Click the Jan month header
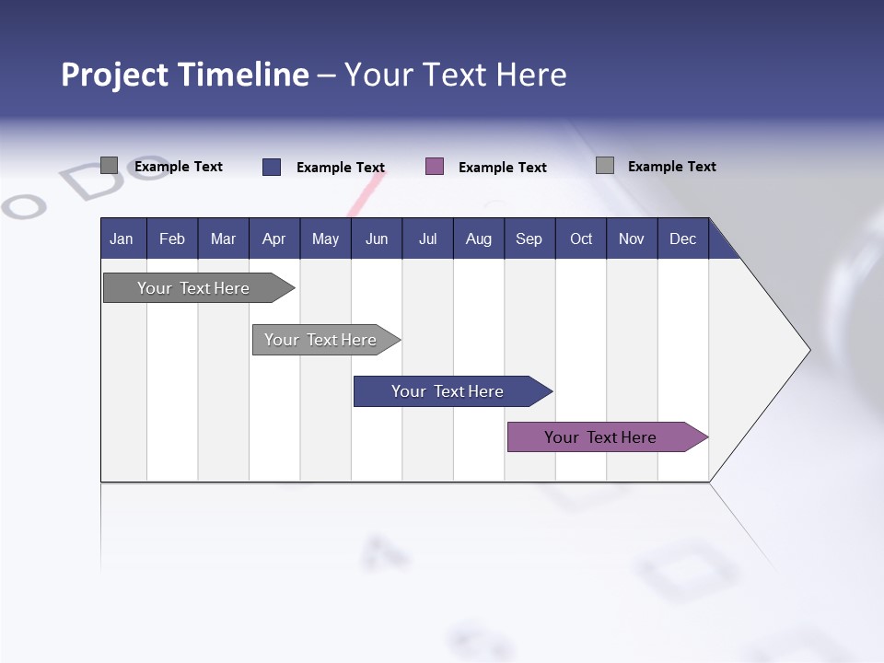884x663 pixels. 122,238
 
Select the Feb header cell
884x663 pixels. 172,238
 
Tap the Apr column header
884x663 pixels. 274,238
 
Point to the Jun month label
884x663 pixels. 377,238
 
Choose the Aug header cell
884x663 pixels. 479,238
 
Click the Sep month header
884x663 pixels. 529,238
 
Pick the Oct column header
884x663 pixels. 581,238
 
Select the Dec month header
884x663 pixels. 683,238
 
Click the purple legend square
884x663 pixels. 435,166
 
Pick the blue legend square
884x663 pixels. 272,167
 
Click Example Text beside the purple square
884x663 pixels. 503,167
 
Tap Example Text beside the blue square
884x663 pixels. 341,167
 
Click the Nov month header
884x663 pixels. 632,238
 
